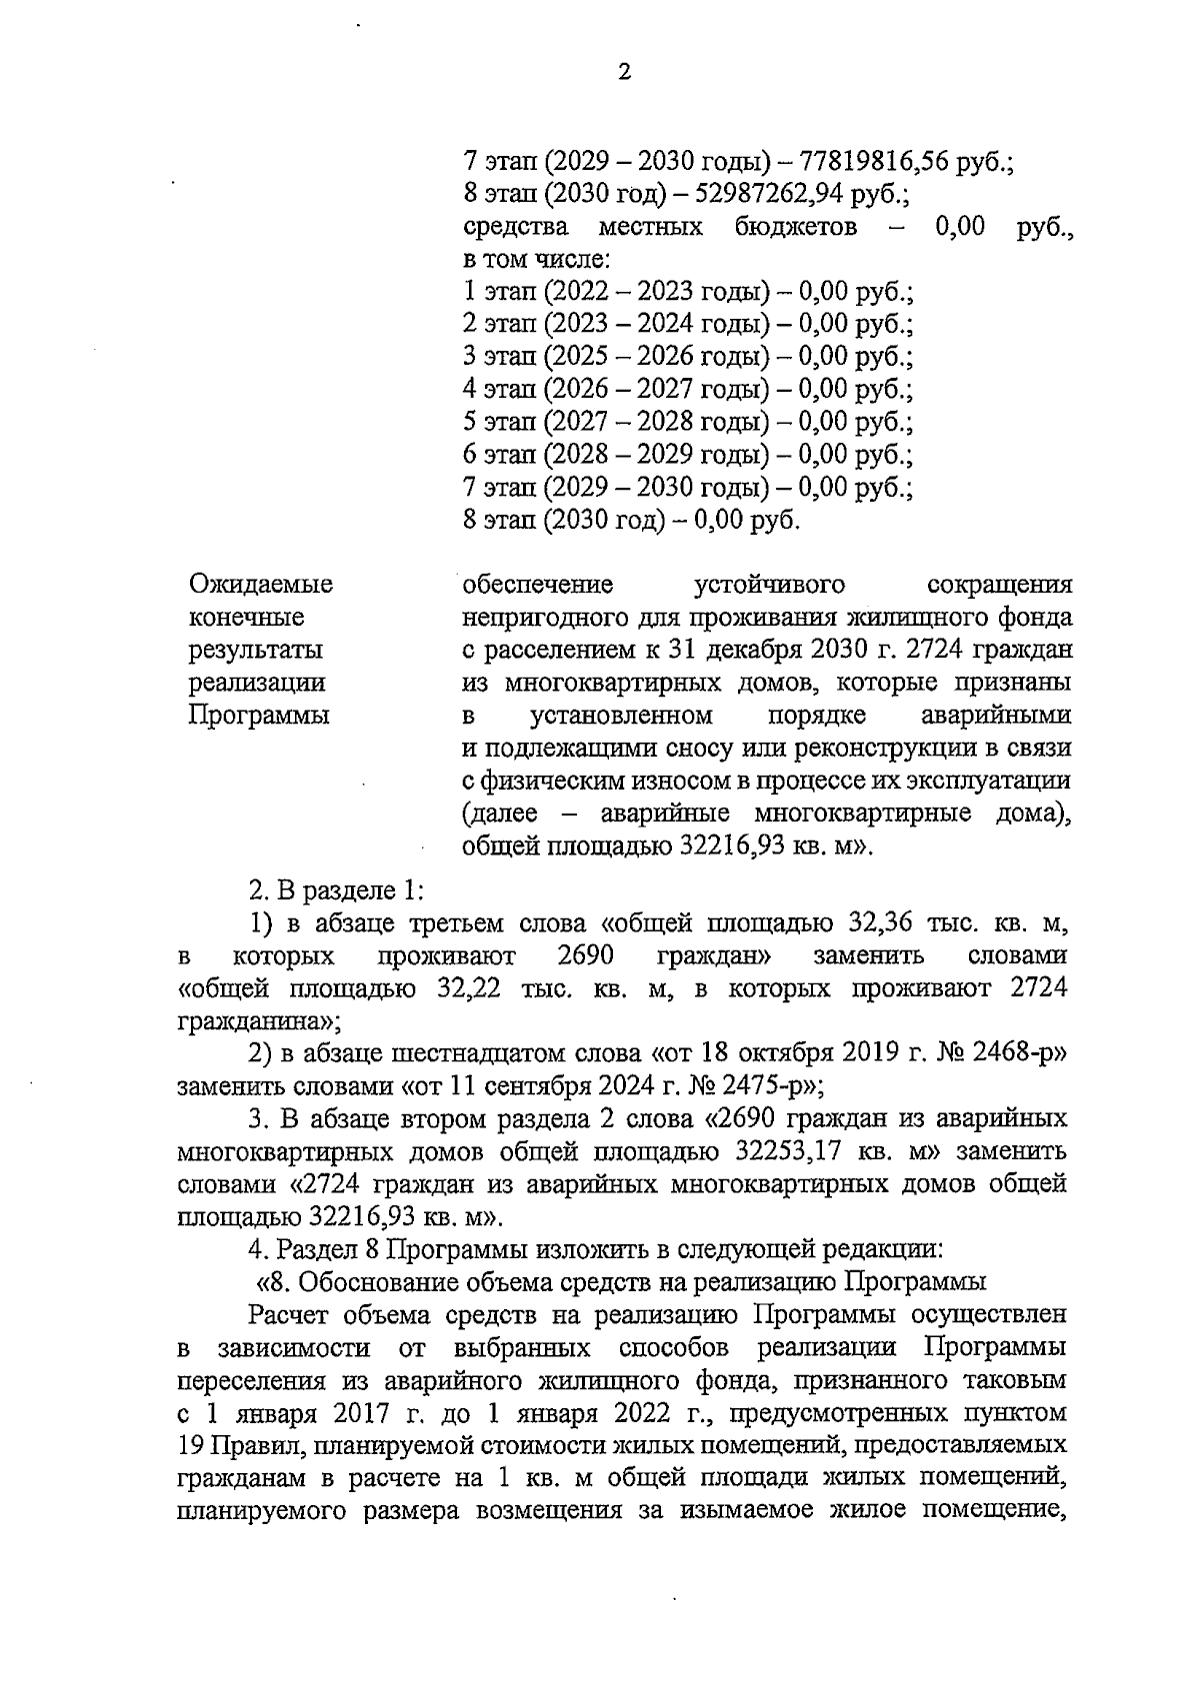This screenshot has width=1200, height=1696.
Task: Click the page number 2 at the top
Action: click(x=625, y=72)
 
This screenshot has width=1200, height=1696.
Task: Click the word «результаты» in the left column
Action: click(x=256, y=650)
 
